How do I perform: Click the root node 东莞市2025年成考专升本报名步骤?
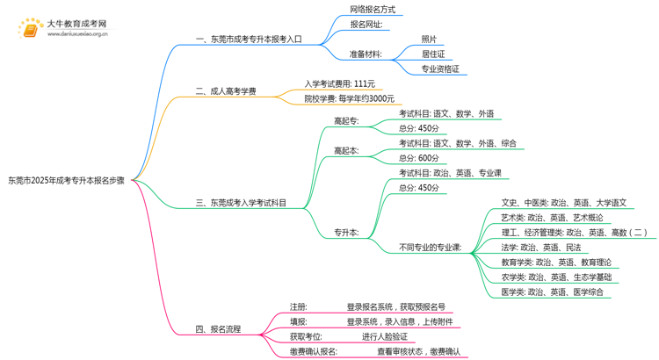click(x=66, y=180)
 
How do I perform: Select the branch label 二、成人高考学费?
click(x=226, y=90)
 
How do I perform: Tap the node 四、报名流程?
click(x=218, y=329)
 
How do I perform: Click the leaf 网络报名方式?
click(x=373, y=10)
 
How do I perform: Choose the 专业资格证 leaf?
click(x=440, y=68)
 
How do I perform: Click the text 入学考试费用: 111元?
click(x=339, y=83)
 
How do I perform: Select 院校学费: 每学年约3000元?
click(x=350, y=98)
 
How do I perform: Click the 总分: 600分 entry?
click(x=419, y=158)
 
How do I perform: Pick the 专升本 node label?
click(x=346, y=233)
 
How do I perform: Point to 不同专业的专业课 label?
click(x=431, y=248)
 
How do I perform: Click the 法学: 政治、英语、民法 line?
click(x=540, y=248)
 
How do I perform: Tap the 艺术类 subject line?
click(x=552, y=218)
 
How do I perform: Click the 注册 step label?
click(x=299, y=307)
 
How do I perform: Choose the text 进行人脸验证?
click(x=385, y=336)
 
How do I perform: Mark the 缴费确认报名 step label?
click(x=314, y=351)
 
